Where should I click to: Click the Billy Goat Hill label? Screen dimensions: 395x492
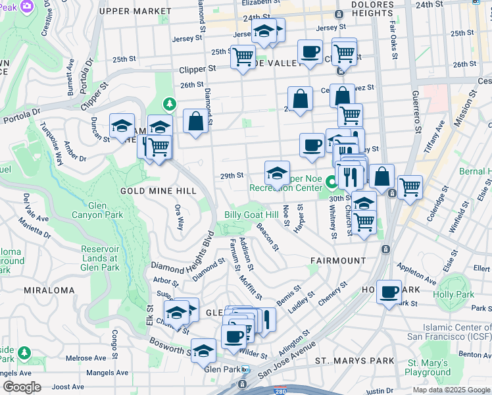(x=251, y=215)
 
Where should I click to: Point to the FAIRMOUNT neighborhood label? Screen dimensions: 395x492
(x=338, y=261)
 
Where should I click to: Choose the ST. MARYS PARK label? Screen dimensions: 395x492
(x=355, y=361)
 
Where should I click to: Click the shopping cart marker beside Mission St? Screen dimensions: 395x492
(x=410, y=186)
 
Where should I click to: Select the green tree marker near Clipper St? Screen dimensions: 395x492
(x=170, y=104)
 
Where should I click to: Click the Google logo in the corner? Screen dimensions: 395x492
(x=21, y=387)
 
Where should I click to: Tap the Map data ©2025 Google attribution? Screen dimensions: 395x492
(x=451, y=390)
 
